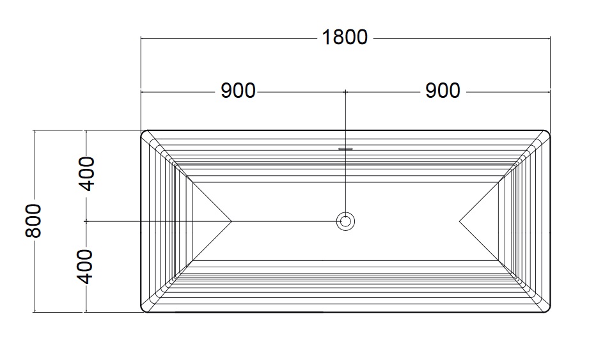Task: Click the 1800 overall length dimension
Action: tap(345, 37)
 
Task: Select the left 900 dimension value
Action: tap(239, 91)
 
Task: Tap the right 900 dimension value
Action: tap(443, 91)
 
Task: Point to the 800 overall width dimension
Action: tap(33, 221)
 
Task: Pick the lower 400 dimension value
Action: tap(85, 267)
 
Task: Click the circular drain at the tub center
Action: tap(345, 221)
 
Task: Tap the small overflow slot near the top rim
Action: tap(345, 148)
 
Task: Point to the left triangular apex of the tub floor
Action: tap(231, 221)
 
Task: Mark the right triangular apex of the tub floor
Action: tap(460, 221)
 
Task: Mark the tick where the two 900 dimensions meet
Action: tap(345, 92)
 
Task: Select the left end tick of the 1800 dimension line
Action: tap(141, 38)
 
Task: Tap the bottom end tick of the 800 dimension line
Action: tap(35, 313)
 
